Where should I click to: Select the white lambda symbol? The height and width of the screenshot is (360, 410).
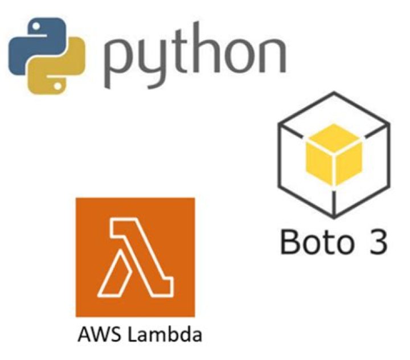pos(134,256)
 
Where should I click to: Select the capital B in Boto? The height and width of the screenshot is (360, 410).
pos(289,242)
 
